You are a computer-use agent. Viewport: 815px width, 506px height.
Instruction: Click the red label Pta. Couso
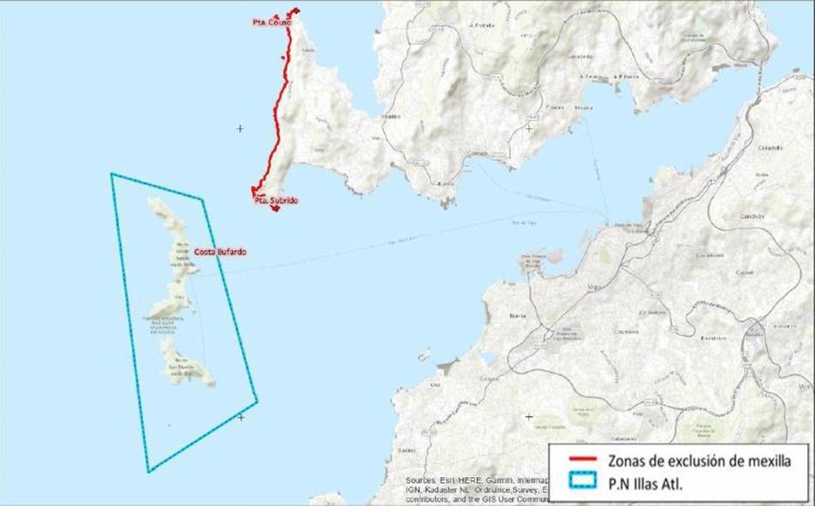(271, 22)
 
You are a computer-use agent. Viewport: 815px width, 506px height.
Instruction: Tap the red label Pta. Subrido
(276, 201)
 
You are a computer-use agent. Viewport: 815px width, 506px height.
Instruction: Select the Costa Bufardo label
(220, 252)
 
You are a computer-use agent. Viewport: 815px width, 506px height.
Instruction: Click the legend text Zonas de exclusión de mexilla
(700, 461)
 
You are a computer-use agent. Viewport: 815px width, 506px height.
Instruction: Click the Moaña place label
(583, 107)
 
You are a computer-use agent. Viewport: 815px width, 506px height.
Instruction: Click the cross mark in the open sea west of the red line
(240, 128)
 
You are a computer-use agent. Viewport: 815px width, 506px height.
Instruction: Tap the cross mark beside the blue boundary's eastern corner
(240, 417)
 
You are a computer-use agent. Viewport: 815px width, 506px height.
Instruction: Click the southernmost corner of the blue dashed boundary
(149, 471)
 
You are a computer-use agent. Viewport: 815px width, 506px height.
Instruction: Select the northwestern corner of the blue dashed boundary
(111, 174)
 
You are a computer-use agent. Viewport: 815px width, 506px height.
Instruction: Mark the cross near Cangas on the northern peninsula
(529, 128)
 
